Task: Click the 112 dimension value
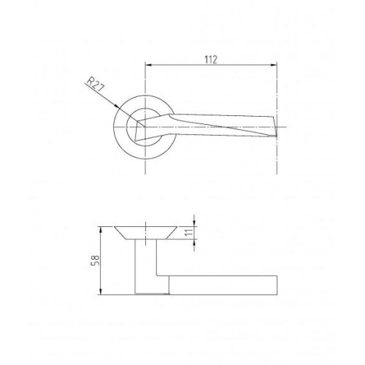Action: point(211,60)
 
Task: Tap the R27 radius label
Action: point(96,84)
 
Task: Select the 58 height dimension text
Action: point(95,261)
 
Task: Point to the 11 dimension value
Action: point(188,232)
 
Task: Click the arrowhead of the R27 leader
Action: point(116,106)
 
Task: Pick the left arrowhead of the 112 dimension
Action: point(148,65)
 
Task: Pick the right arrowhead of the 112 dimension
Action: point(274,65)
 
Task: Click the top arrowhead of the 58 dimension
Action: point(101,230)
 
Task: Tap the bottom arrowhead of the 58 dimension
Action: point(101,291)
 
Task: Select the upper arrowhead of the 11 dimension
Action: point(194,223)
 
